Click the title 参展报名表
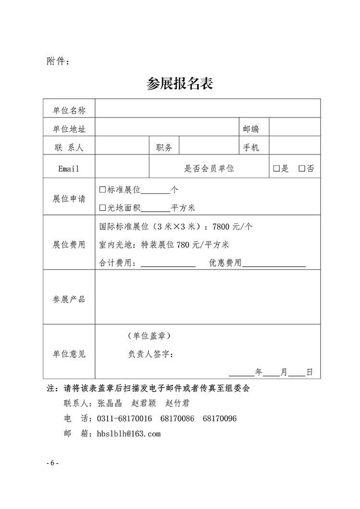pos(180,83)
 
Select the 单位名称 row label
pos(69,110)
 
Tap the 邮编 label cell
pos(251,129)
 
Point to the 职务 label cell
pos(164,148)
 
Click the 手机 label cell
pos(251,148)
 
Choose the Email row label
pos(69,168)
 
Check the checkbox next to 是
pos(276,168)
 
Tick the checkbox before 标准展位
pos(102,189)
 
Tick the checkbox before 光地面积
pos(102,208)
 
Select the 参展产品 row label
pos(69,299)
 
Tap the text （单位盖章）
pos(149,335)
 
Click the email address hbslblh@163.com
pos(129,434)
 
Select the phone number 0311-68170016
pos(124,419)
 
